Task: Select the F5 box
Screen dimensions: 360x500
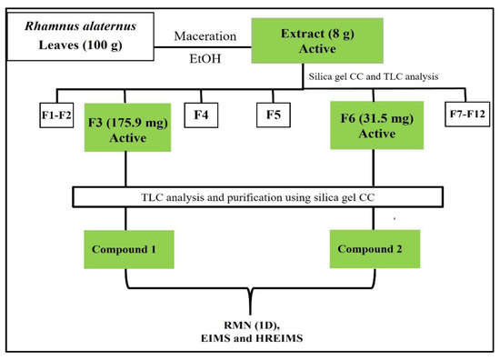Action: click(272, 115)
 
